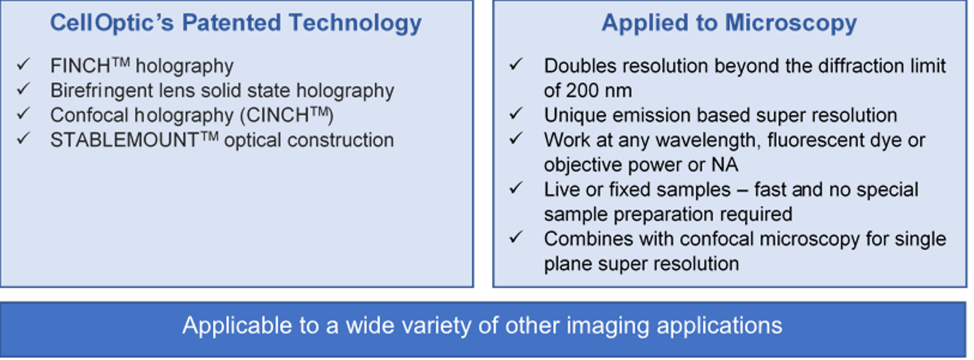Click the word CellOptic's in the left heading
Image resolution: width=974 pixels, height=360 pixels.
tap(112, 23)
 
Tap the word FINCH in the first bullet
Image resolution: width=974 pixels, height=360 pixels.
tap(81, 66)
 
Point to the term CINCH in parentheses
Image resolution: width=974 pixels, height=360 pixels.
tap(278, 115)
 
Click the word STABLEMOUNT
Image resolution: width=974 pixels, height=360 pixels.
tap(124, 141)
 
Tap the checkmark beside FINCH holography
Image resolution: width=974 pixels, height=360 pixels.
tap(23, 65)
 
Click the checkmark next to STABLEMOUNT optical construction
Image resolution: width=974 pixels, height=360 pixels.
tap(23, 139)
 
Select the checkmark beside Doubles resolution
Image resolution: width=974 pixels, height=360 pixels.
tap(516, 65)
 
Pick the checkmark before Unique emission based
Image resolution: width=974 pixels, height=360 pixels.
tap(516, 114)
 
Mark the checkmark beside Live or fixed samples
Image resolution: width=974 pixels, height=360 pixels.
tap(516, 189)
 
